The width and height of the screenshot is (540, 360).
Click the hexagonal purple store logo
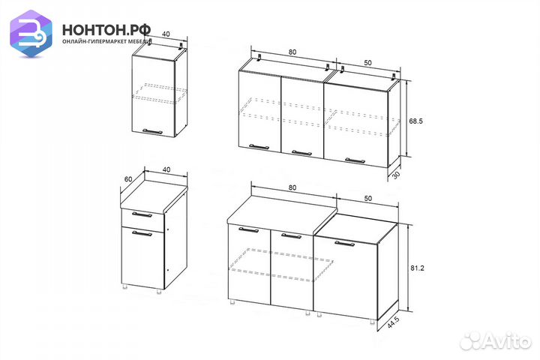tap(31, 33)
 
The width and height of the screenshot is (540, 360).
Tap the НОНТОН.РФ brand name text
tap(106, 30)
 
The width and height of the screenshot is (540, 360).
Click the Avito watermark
tap(496, 341)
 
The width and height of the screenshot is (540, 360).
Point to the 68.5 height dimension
tap(415, 121)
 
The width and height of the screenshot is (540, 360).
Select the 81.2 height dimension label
tap(417, 268)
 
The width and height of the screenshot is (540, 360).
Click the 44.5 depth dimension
tap(393, 322)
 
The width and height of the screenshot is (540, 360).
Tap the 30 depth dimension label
tap(396, 175)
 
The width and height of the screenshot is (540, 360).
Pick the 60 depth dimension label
tap(128, 179)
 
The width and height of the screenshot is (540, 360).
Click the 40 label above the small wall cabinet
tap(166, 34)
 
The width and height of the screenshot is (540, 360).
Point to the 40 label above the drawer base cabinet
tap(166, 169)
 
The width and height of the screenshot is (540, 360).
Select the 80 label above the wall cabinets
tap(292, 52)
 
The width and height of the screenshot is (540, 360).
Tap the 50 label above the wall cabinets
tap(367, 63)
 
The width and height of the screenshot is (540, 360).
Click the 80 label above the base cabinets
tap(292, 187)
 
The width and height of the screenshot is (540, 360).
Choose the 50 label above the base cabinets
tap(367, 199)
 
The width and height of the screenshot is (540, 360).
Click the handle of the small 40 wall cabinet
tap(152, 131)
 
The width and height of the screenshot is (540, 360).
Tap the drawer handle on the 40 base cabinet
tap(142, 214)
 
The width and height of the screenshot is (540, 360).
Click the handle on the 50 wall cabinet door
tap(355, 160)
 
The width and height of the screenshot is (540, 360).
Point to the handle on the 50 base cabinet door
tap(345, 244)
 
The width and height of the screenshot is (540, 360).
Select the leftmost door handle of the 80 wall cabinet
tap(259, 147)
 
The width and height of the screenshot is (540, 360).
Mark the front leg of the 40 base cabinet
tap(159, 292)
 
